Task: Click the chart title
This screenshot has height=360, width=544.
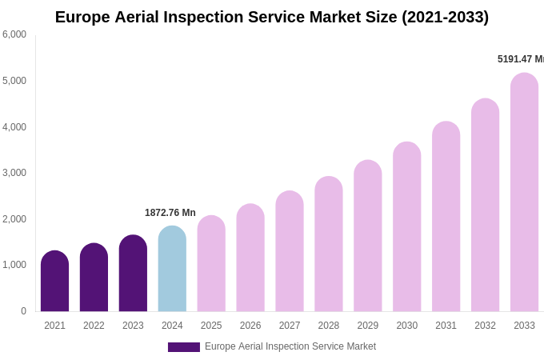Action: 272,17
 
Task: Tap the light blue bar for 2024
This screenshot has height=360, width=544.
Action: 172,269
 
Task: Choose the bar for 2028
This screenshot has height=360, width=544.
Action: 328,244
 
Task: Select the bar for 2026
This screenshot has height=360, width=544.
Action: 250,258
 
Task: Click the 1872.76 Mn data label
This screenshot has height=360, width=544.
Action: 170,213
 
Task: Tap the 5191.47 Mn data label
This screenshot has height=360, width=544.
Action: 520,59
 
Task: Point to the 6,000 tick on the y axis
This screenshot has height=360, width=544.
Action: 14,34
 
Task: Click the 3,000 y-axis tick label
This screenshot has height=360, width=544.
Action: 14,173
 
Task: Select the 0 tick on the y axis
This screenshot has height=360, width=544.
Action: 23,311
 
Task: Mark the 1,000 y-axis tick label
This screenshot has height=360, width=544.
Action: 14,265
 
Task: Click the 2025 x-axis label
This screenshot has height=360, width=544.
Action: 211,326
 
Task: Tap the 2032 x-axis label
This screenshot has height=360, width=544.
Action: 485,326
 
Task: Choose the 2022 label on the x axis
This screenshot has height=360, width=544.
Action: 94,326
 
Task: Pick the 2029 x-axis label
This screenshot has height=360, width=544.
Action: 367,326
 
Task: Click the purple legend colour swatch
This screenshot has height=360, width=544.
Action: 183,347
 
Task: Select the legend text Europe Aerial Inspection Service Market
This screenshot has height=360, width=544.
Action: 290,346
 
